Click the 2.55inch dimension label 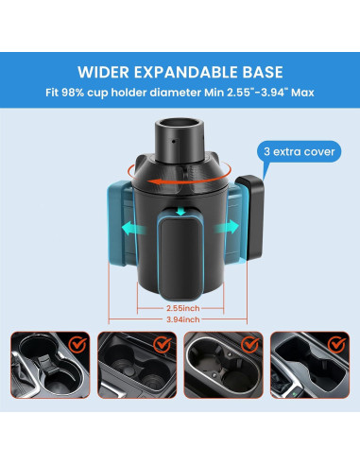[180, 307]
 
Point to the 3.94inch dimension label [180, 319]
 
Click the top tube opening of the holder [178, 123]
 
